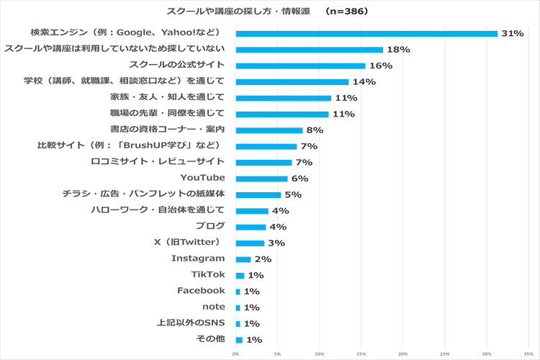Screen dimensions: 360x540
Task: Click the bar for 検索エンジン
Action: (366, 33)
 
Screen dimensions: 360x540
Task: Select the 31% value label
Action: (512, 34)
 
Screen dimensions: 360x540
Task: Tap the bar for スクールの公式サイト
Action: (300, 66)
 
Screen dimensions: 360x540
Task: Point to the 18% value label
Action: (398, 50)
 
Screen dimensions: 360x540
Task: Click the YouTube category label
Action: (202, 178)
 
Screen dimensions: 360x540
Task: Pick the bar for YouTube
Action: (261, 179)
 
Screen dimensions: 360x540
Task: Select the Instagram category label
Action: (198, 258)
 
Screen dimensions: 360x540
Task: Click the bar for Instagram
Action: (243, 259)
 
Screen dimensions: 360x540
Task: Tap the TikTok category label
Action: (208, 274)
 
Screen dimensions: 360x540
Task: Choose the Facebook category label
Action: (201, 290)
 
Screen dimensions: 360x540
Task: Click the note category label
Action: (214, 307)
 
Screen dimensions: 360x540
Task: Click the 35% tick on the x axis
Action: (528, 354)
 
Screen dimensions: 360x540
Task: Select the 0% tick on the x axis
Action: (235, 354)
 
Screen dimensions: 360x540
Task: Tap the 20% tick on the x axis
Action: (403, 354)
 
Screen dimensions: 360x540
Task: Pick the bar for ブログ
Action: (251, 227)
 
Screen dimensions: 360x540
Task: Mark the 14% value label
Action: (364, 82)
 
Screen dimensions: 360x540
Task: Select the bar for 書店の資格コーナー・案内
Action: (269, 130)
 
